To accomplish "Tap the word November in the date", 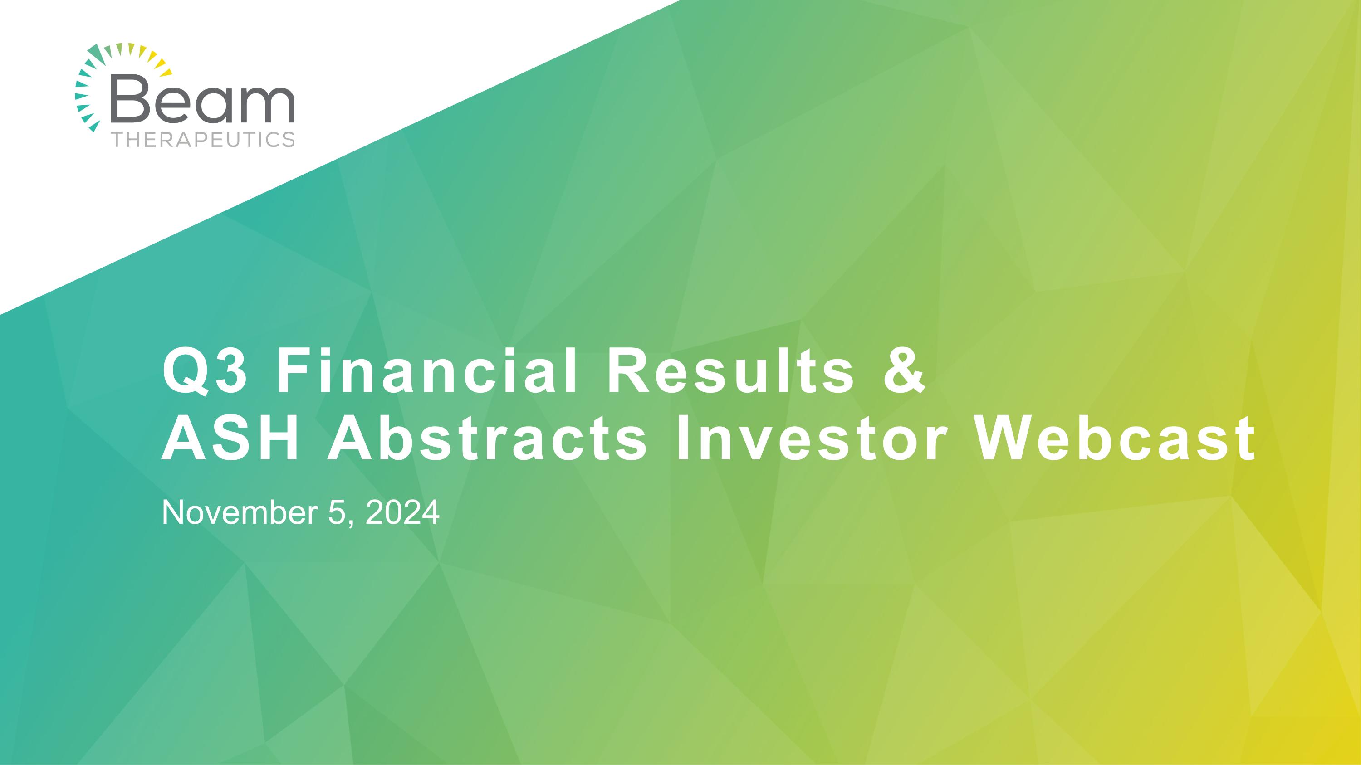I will (x=241, y=513).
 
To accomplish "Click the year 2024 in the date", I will (x=402, y=513).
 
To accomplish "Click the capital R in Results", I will (x=627, y=373).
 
